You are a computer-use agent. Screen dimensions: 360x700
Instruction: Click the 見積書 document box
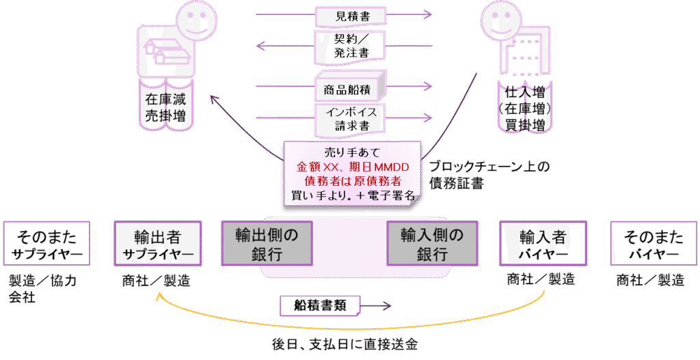[x=351, y=14]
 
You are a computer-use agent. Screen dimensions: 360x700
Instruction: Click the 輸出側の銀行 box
[x=267, y=244]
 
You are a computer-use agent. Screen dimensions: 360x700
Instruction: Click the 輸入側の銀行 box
[x=432, y=244]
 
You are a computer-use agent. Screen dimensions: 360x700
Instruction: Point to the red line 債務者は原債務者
[x=352, y=181]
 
